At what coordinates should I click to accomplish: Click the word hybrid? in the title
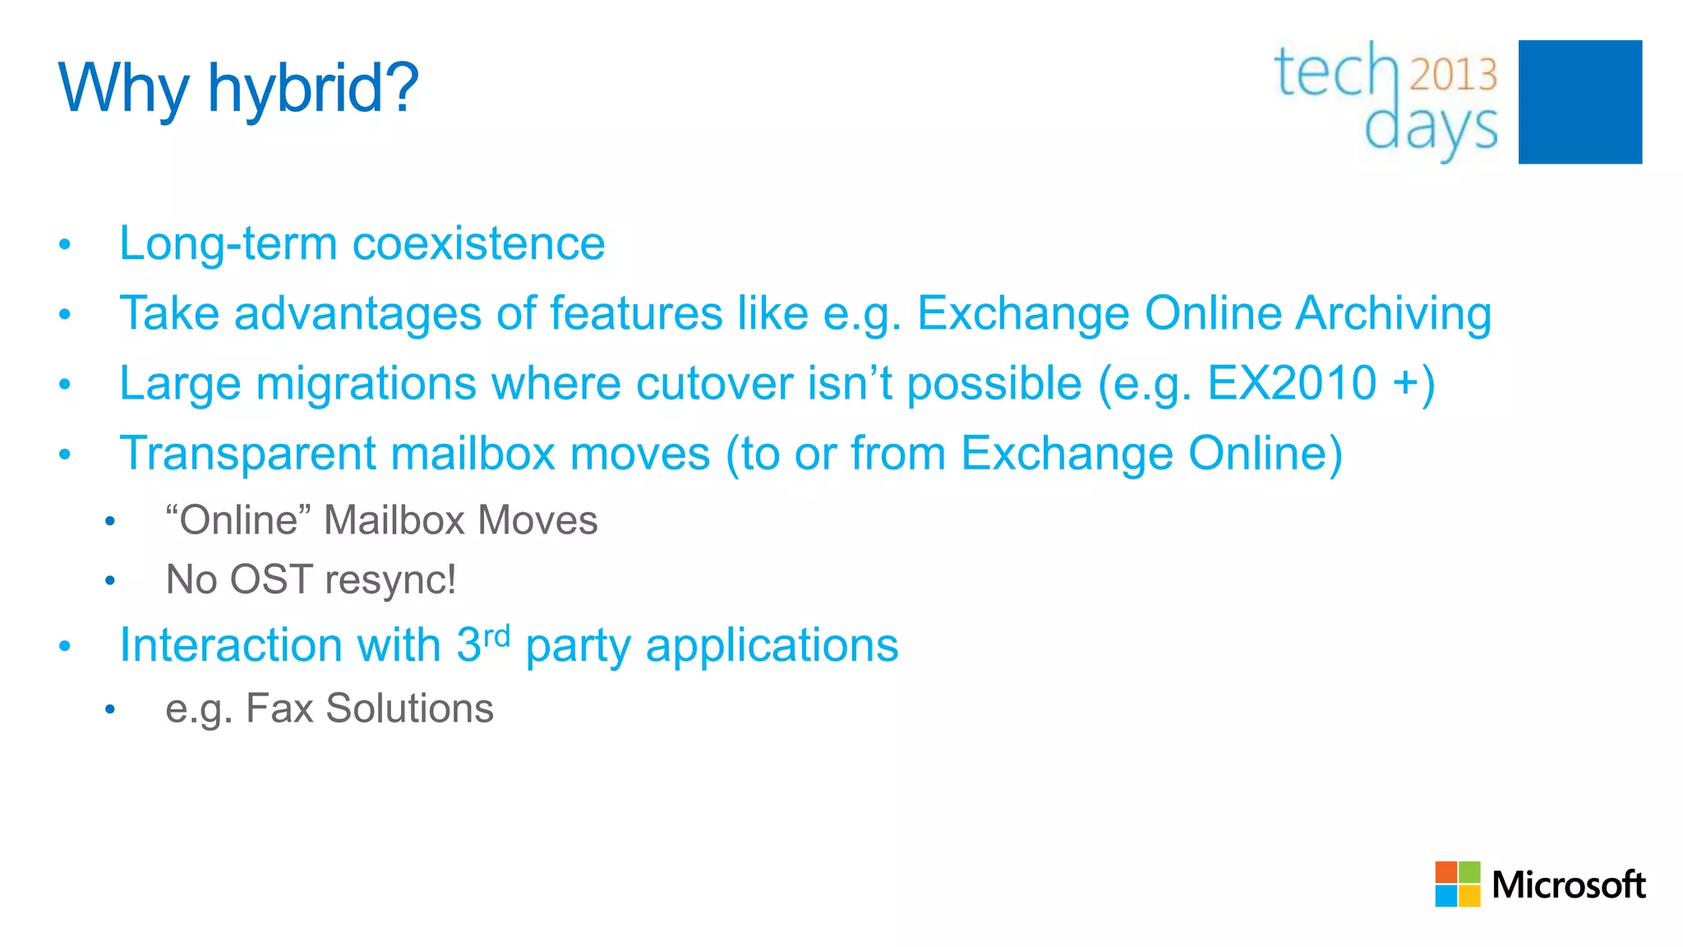click(x=313, y=89)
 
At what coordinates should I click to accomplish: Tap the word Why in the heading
click(x=123, y=89)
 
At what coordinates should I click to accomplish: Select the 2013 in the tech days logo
click(x=1454, y=75)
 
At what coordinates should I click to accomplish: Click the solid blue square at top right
click(x=1579, y=102)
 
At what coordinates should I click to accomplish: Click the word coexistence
click(x=478, y=244)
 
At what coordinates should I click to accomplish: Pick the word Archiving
click(x=1394, y=314)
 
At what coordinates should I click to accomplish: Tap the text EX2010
click(x=1292, y=383)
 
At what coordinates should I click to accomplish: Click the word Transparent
click(x=247, y=454)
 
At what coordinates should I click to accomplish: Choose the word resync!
click(x=390, y=580)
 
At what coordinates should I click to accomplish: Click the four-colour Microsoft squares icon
click(x=1457, y=884)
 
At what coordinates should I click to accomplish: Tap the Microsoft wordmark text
click(x=1568, y=885)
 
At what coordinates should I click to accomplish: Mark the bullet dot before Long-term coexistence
click(x=65, y=245)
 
